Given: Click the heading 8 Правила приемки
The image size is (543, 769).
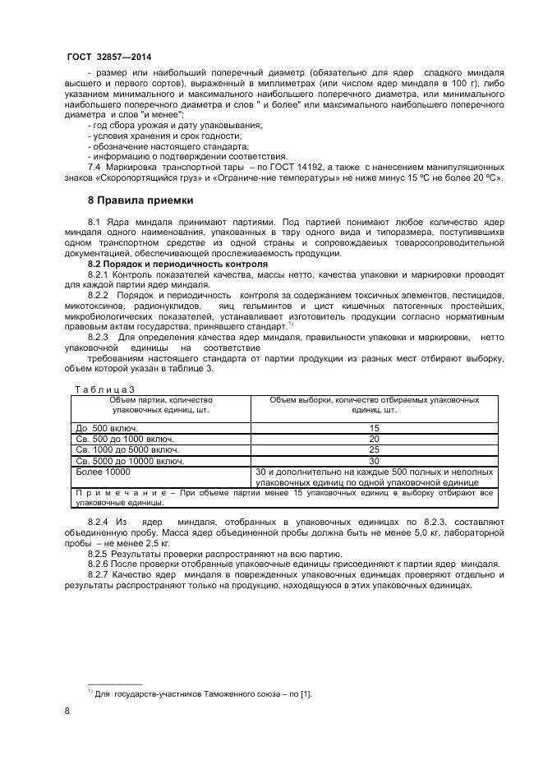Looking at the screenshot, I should [140, 200].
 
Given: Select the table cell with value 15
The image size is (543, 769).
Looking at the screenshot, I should [374, 429].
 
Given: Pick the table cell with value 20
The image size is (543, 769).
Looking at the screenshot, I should [374, 440].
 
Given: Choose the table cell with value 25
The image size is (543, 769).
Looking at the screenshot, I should [374, 451].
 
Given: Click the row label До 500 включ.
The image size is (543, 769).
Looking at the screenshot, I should [106, 429].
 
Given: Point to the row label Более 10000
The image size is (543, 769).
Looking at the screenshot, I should [103, 472].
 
